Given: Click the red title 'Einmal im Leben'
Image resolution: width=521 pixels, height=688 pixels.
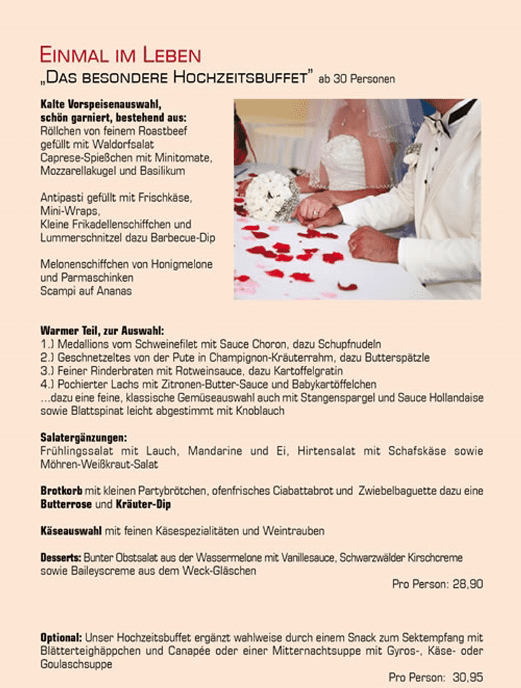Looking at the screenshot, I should (x=120, y=55).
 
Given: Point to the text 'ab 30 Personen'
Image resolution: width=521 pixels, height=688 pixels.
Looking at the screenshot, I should (x=357, y=79).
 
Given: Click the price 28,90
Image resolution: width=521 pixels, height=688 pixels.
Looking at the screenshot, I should (x=468, y=584).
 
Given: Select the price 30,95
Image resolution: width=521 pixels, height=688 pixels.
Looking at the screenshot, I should (x=468, y=677).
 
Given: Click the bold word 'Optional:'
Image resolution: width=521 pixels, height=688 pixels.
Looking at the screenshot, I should (x=61, y=638).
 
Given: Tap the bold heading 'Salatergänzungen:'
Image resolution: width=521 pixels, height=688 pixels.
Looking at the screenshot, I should (x=84, y=437).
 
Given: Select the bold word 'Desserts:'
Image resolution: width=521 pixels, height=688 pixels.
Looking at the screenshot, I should (x=61, y=558).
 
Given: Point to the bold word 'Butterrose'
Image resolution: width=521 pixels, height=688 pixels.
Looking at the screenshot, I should (x=66, y=504).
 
